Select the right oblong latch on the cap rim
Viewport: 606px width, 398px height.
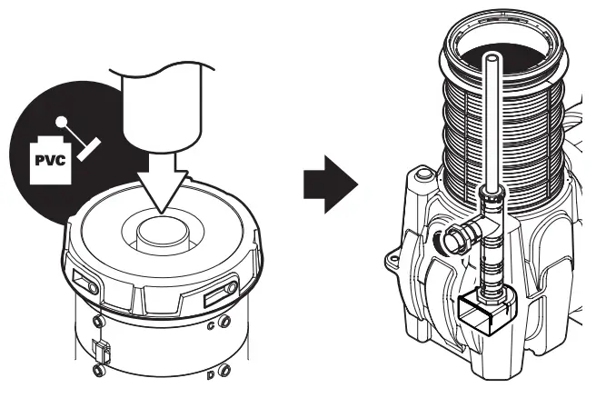224,294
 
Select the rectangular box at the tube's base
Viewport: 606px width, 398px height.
488,313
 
